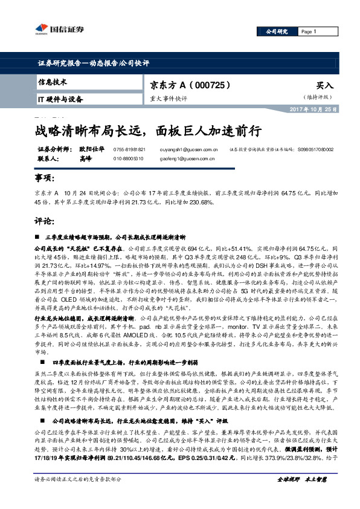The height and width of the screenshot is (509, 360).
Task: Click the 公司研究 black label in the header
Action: pyautogui.click(x=274, y=31)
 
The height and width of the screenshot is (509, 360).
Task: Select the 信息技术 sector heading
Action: pyautogui.click(x=53, y=82)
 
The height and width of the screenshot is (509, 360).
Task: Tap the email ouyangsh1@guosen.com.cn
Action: pyautogui.click(x=198, y=149)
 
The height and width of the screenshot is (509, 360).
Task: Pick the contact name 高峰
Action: pyautogui.click(x=85, y=158)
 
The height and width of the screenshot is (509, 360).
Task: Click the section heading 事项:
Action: pyautogui.click(x=46, y=180)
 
